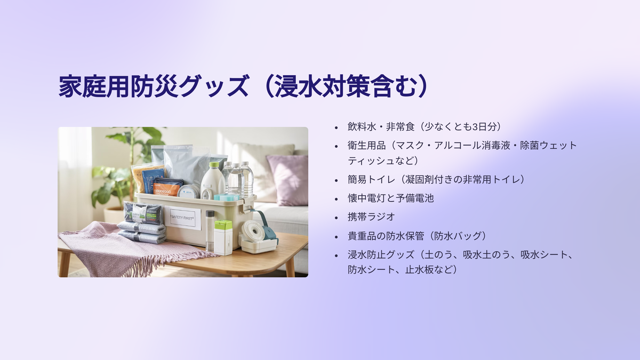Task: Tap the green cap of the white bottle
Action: click(214, 165)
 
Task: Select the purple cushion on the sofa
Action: click(287, 180)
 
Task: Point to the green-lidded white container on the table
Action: click(223, 238)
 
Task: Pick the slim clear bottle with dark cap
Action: click(210, 231)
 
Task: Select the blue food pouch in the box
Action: click(153, 181)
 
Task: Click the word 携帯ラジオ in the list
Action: click(371, 217)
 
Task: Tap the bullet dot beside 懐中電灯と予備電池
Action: click(337, 198)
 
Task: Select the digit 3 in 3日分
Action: click(475, 127)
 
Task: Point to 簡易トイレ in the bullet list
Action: click(371, 179)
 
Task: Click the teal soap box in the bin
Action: click(226, 197)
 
